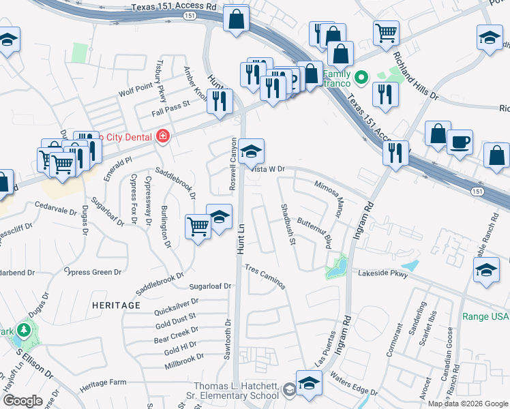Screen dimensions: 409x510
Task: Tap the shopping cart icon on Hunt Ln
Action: tap(198, 226)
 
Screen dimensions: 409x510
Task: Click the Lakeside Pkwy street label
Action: tap(383, 274)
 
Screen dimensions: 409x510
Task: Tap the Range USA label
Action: tap(486, 316)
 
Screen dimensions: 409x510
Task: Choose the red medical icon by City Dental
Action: tap(162, 136)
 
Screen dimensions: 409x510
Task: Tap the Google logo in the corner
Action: tap(22, 401)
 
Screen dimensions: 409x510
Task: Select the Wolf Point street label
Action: tap(134, 89)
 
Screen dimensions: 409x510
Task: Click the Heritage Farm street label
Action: tap(103, 384)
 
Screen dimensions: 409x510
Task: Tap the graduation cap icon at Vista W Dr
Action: tap(251, 151)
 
